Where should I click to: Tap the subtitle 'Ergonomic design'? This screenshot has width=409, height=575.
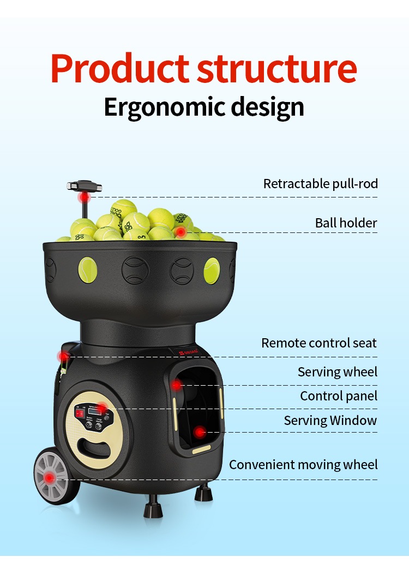pyautogui.click(x=203, y=107)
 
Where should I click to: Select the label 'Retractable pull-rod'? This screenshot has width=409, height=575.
pyautogui.click(x=320, y=184)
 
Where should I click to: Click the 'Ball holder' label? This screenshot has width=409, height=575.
pyautogui.click(x=346, y=223)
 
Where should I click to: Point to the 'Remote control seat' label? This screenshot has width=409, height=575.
pyautogui.click(x=318, y=343)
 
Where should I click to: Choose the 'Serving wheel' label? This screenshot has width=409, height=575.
pyautogui.click(x=337, y=372)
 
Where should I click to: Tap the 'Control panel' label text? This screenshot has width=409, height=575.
pyautogui.click(x=338, y=396)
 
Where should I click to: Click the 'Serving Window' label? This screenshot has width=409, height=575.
pyautogui.click(x=330, y=421)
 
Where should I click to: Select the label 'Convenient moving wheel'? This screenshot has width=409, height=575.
pyautogui.click(x=303, y=465)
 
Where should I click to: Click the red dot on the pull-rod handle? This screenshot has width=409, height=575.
pyautogui.click(x=84, y=196)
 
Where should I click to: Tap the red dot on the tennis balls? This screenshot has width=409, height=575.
pyautogui.click(x=181, y=232)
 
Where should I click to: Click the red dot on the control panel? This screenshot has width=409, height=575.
pyautogui.click(x=101, y=408)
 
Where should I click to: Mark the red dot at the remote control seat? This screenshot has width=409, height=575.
pyautogui.click(x=64, y=357)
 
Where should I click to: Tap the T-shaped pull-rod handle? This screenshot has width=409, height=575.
pyautogui.click(x=85, y=187)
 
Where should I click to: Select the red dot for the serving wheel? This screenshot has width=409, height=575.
pyautogui.click(x=176, y=385)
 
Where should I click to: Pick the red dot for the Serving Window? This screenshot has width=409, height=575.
pyautogui.click(x=200, y=432)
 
